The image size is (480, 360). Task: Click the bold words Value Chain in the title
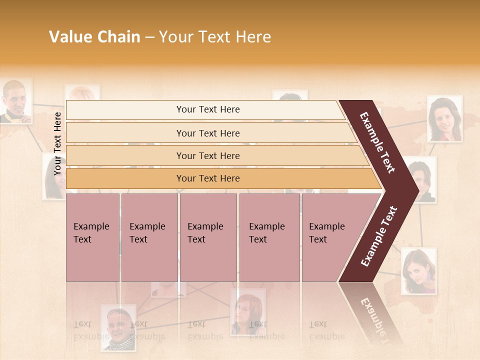[x=94, y=37]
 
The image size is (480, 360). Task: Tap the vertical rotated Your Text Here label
[x=57, y=143]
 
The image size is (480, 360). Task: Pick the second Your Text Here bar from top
[x=207, y=133]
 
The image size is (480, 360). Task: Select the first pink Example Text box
[x=92, y=237]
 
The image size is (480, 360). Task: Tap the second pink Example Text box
[x=149, y=237]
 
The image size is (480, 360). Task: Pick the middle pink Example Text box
[x=208, y=237]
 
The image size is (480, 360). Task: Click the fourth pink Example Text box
[x=269, y=237]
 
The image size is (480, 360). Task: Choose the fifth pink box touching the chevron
[x=325, y=237]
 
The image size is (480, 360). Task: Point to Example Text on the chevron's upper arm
[x=377, y=142]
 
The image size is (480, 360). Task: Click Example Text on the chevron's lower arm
[x=379, y=236]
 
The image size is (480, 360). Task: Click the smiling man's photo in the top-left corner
[x=16, y=100]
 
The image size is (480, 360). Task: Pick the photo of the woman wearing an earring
[x=418, y=272]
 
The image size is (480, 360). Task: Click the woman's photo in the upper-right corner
[x=444, y=119]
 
